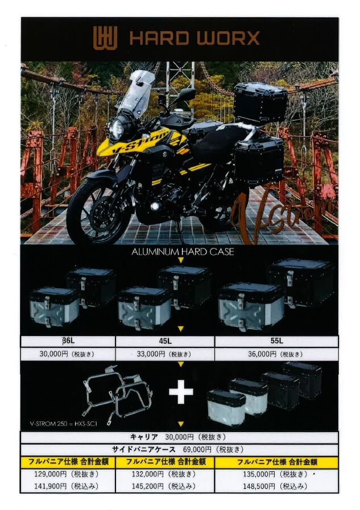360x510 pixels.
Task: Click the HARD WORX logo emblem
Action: (x=105, y=38)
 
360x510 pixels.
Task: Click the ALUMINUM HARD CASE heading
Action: (x=183, y=252)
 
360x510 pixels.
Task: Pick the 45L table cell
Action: (x=165, y=341)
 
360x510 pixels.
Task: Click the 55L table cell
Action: (x=276, y=341)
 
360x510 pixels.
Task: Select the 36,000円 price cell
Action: (x=276, y=354)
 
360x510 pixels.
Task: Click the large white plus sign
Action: (x=181, y=392)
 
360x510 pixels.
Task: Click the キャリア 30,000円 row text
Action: (x=177, y=437)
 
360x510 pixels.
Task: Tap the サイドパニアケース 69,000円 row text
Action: (x=177, y=450)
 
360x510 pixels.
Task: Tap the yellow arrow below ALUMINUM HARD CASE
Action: (x=181, y=260)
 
